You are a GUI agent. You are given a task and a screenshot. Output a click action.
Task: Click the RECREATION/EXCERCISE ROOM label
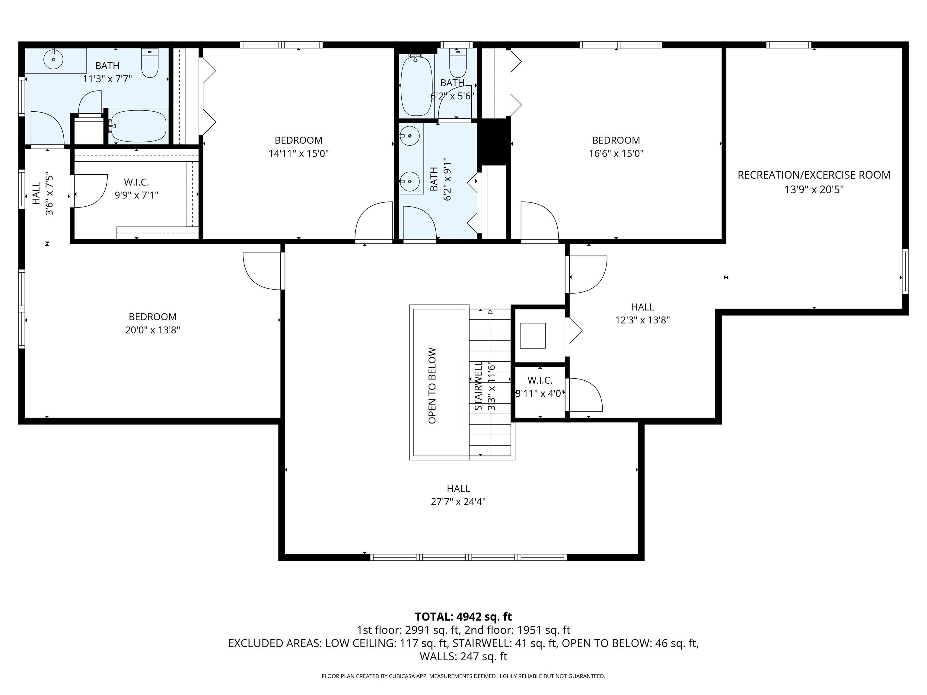(814, 175)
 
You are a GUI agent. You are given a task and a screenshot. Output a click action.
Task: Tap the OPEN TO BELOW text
(432, 386)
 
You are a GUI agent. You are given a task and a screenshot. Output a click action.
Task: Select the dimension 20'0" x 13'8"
(153, 330)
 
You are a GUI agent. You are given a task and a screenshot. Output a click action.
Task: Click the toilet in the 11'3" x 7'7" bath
(150, 64)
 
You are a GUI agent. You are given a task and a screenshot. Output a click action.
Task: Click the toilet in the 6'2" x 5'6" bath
(458, 63)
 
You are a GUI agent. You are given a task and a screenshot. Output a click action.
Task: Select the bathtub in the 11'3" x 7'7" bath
(138, 126)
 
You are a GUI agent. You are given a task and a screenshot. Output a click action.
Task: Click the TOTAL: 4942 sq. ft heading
(463, 617)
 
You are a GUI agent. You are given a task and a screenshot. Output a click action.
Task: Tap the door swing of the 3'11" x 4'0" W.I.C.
(585, 395)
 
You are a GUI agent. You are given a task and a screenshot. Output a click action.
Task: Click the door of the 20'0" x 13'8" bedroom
(262, 270)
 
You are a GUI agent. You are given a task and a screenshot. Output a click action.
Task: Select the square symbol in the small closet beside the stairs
(532, 335)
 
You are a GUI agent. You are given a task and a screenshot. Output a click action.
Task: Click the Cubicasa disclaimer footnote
(463, 676)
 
